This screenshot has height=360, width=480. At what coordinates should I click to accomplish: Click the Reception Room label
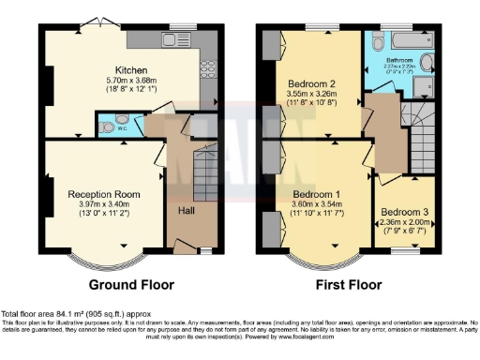pyautogui.click(x=103, y=194)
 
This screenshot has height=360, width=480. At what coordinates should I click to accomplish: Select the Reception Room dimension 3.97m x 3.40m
pyautogui.click(x=103, y=204)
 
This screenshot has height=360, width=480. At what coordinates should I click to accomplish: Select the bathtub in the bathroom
pyautogui.click(x=404, y=42)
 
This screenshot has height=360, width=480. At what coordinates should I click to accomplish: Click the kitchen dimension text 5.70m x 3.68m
pyautogui.click(x=129, y=82)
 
